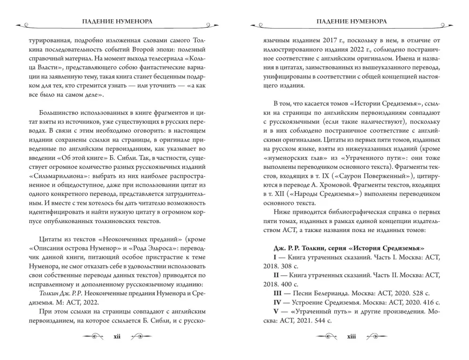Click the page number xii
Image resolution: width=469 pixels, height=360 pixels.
[x=117, y=336]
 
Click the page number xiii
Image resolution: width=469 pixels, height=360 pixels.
[x=351, y=336]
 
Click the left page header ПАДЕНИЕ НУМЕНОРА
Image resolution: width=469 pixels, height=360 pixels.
[x=117, y=22]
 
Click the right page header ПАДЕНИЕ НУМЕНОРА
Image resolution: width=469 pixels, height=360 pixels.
[x=351, y=22]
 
